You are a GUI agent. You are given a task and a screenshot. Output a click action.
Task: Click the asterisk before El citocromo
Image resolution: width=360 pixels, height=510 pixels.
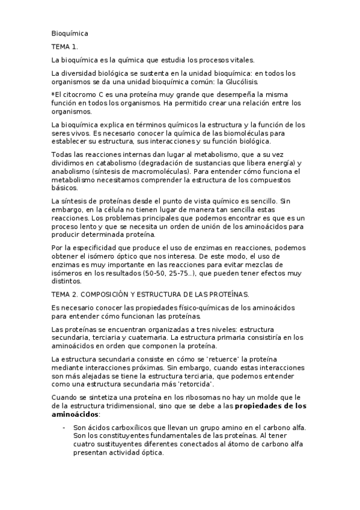[53, 95]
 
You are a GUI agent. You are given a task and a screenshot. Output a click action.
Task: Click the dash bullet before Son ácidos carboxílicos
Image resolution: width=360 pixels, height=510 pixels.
[64, 428]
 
